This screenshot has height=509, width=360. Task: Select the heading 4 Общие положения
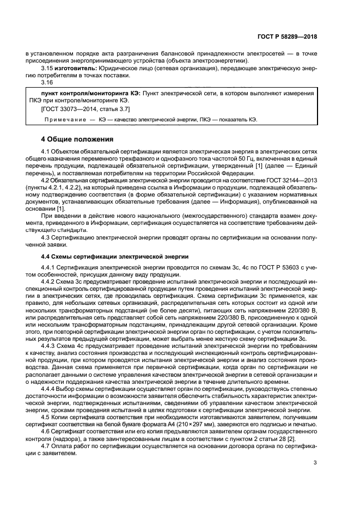click(x=77, y=138)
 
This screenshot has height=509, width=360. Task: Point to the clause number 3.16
click(x=47, y=82)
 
